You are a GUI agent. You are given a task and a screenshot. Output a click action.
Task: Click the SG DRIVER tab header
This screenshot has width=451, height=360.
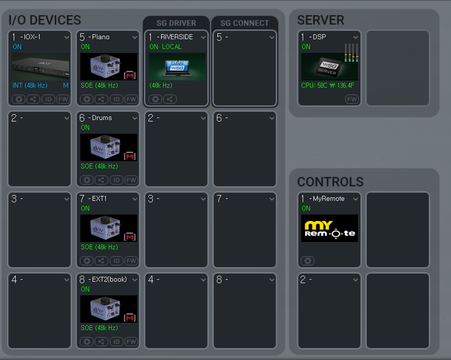click(x=176, y=23)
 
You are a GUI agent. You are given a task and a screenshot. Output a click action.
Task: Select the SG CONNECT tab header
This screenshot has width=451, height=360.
click(x=244, y=23)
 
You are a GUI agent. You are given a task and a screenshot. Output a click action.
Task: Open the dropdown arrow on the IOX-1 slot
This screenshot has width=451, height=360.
click(x=67, y=37)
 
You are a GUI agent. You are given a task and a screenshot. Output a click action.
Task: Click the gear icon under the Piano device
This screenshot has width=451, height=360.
click(x=87, y=99)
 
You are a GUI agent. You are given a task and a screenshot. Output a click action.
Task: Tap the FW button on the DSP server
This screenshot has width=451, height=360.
click(x=352, y=99)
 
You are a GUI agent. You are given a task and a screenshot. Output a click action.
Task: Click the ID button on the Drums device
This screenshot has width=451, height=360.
click(x=116, y=180)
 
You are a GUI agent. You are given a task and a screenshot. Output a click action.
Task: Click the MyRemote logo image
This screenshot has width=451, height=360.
click(x=329, y=228)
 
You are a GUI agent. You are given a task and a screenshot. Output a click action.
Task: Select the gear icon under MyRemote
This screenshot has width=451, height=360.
click(x=308, y=261)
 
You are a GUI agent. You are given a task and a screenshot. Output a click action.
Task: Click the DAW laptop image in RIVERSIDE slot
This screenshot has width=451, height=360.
click(x=177, y=67)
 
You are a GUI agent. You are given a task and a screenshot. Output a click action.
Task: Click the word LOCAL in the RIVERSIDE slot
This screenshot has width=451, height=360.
click(x=172, y=47)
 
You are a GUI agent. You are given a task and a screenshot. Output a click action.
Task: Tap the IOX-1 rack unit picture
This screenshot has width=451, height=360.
click(x=41, y=67)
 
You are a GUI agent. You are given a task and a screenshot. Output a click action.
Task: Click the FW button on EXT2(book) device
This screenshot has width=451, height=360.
click(x=131, y=341)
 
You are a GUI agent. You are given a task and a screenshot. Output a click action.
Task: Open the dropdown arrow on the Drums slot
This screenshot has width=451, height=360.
click(x=135, y=118)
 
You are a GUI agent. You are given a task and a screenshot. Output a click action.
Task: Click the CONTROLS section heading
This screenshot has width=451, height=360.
click(x=330, y=182)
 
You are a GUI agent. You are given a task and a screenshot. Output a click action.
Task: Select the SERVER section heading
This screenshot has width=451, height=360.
click(x=320, y=20)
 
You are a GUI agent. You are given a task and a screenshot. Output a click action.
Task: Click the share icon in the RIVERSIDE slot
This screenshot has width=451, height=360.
click(x=169, y=99)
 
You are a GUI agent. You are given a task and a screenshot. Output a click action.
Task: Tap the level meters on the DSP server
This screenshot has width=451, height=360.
click(x=351, y=53)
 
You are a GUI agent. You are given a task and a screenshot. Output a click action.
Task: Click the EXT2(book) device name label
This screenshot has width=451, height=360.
click(x=109, y=280)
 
